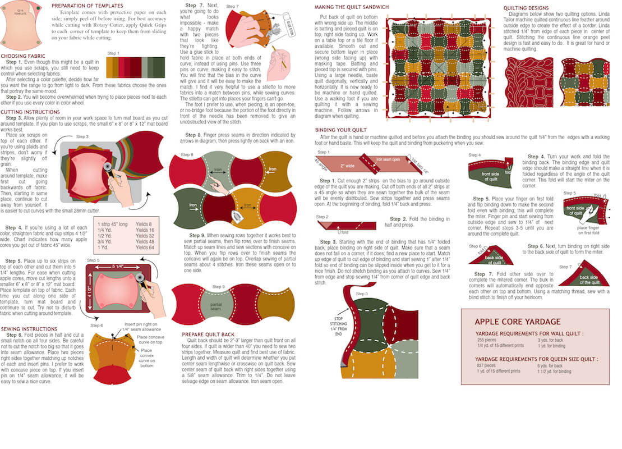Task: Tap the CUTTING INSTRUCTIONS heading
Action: pyautogui.click(x=30, y=112)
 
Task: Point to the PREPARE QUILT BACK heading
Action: pyautogui.click(x=208, y=335)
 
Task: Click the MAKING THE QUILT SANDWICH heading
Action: pyautogui.click(x=351, y=7)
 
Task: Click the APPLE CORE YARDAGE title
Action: pyautogui.click(x=517, y=322)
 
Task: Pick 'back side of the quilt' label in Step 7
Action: pyautogui.click(x=589, y=279)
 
